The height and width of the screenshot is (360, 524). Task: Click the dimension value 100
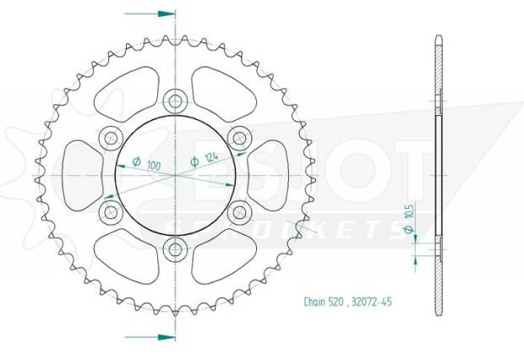[x=153, y=164]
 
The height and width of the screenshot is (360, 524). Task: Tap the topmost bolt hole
[x=176, y=101]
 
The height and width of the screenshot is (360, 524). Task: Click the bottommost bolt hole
[x=176, y=248]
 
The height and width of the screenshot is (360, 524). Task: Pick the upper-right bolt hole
[x=239, y=138]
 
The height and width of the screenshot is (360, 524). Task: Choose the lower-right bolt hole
[x=239, y=211]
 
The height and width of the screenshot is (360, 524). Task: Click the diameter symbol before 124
[x=194, y=161]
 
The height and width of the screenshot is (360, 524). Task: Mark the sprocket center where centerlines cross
[x=176, y=175]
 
